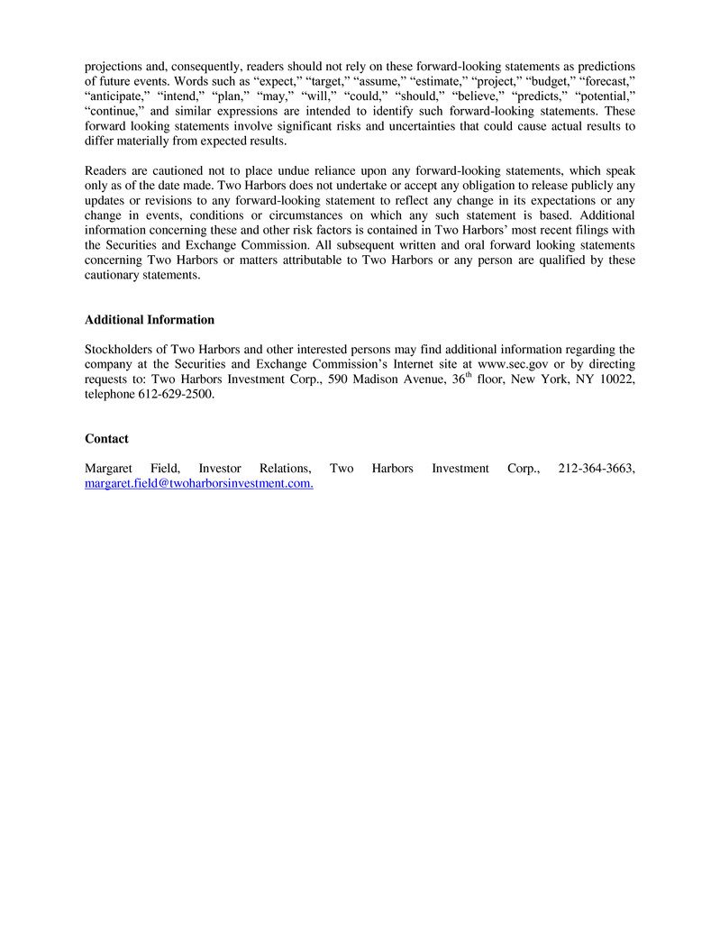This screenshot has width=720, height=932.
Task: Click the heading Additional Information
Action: point(150,320)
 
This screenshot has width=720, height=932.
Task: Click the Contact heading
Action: point(106,439)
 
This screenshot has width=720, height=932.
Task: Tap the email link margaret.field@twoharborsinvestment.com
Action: point(199,484)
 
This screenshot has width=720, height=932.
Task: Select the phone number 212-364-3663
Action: point(597,469)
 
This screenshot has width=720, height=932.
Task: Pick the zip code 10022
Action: point(616,380)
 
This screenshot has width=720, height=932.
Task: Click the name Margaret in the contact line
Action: point(108,469)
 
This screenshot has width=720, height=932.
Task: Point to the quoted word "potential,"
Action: point(605,97)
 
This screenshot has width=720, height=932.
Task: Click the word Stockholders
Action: point(118,350)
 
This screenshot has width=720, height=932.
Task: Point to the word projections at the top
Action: point(114,67)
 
